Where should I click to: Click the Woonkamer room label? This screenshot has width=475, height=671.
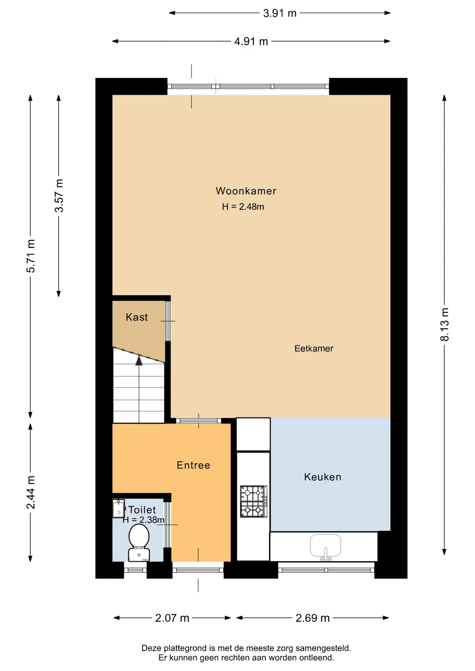coord(246,191)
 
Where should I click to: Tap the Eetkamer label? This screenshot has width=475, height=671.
coord(314,348)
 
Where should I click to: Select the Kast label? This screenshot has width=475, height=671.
coord(137,317)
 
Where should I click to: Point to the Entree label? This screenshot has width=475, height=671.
coord(193,465)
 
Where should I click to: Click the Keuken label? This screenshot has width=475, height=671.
coord(322,477)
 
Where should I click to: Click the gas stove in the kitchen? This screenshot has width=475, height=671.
coord(254,502)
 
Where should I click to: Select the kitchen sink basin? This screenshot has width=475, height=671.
coord(325,546)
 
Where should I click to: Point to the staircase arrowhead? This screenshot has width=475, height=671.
coord(139,360)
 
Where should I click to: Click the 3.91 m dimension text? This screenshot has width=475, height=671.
coord(280,13)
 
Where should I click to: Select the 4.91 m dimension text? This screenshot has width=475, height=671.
coord(251,42)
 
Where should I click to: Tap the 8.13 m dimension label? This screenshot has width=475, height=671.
coord(444,324)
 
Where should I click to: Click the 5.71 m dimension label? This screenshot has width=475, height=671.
coord(31,256)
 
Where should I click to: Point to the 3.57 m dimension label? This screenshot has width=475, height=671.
coord(59,196)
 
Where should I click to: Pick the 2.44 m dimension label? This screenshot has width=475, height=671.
coord(31,492)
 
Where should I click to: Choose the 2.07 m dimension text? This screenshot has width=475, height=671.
coord(172,618)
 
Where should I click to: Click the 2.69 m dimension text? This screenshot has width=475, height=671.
coord(313,618)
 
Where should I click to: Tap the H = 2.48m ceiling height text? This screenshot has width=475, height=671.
coord(243,207)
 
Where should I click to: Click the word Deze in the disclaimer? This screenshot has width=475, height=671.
coord(151,648)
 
